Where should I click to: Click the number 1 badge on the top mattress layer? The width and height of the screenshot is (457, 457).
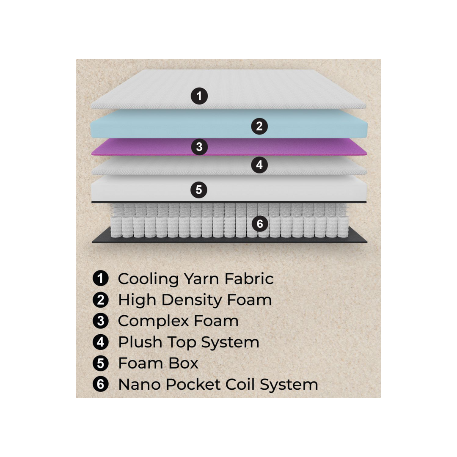(x=199, y=96)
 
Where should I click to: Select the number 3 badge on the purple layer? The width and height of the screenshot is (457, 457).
(x=199, y=147)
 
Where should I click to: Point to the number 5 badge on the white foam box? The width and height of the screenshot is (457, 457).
(x=199, y=190)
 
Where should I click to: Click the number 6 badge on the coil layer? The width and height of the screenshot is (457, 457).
(x=260, y=223)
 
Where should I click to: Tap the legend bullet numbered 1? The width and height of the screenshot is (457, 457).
(x=100, y=278)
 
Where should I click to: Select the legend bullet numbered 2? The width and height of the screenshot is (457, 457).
(x=100, y=300)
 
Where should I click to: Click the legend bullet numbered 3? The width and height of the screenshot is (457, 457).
(x=100, y=321)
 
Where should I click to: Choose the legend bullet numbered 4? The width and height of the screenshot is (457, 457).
(x=100, y=342)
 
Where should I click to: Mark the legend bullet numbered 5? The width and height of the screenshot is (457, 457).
(x=100, y=363)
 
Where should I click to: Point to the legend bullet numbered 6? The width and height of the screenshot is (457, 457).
(x=100, y=384)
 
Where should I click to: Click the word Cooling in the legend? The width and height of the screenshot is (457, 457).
(x=148, y=279)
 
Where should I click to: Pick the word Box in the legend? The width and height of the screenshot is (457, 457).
(x=184, y=363)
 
